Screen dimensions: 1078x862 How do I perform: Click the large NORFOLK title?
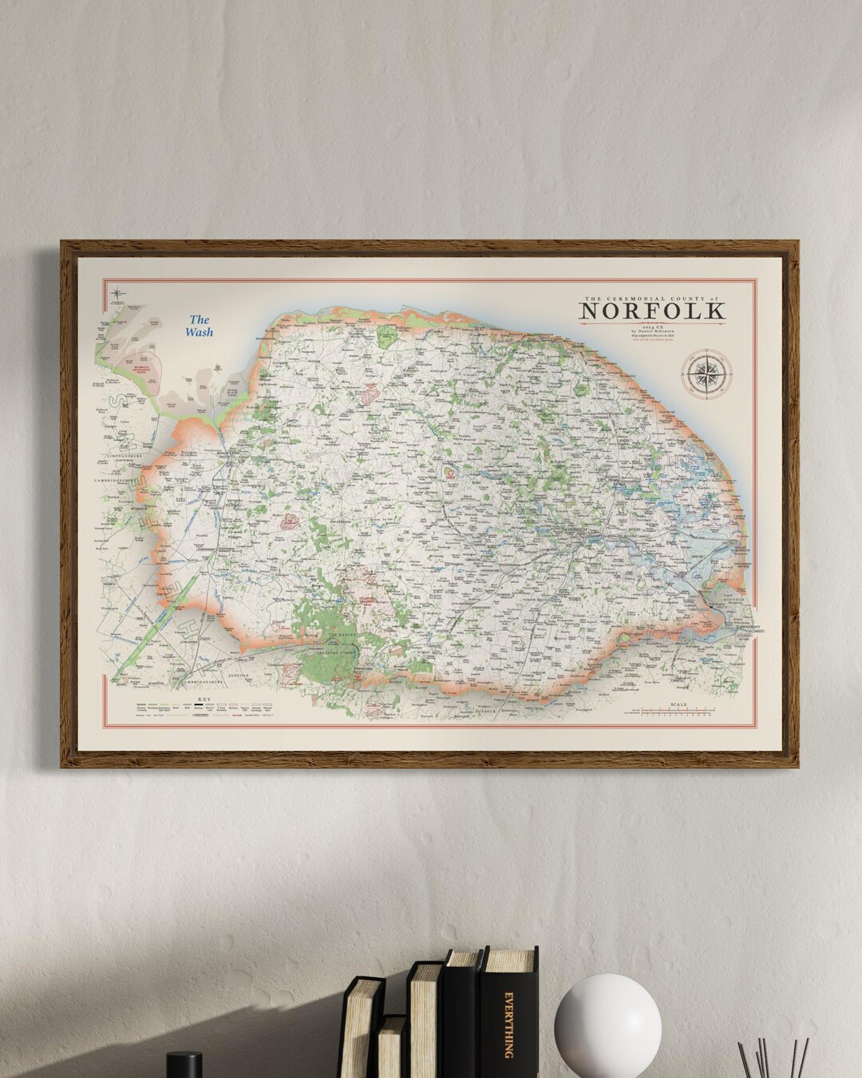click(653, 309)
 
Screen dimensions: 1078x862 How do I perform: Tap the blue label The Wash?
click(199, 326)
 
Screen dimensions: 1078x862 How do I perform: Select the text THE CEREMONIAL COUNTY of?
click(652, 296)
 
